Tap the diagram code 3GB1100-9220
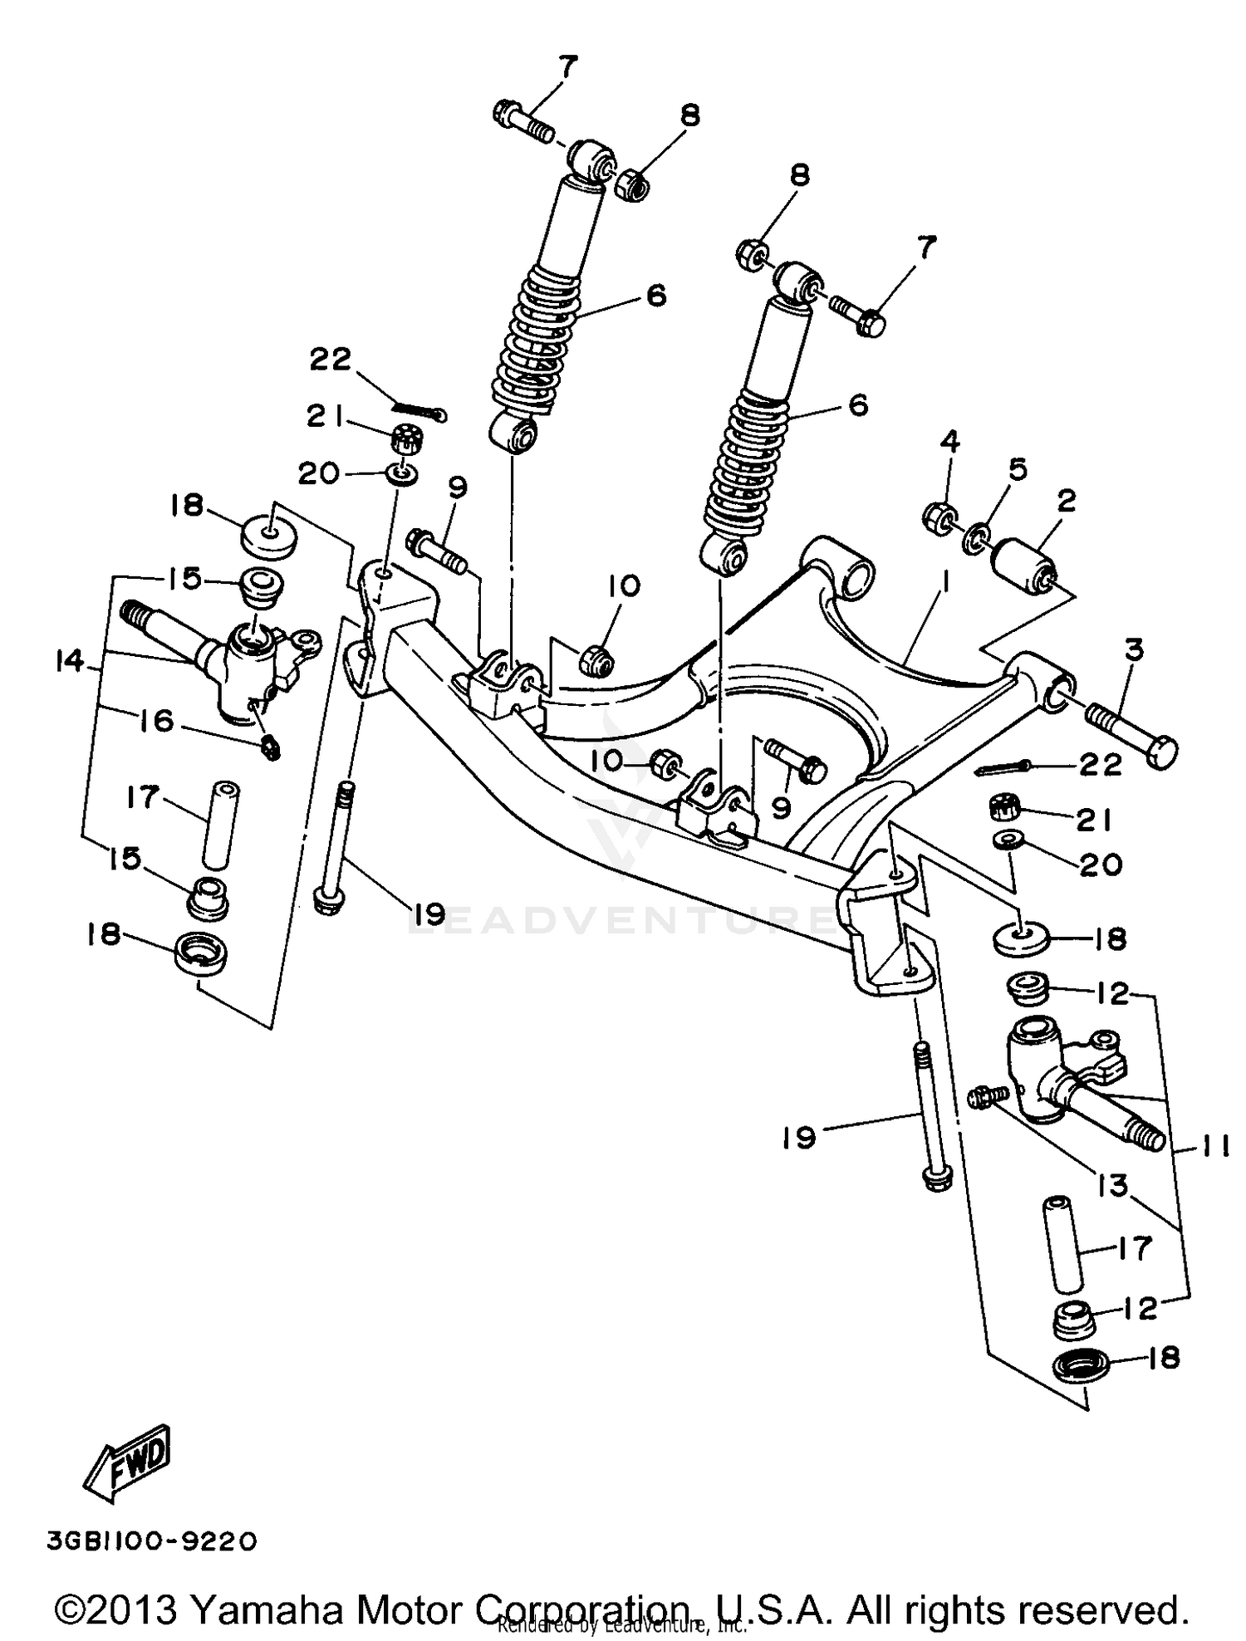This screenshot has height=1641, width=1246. tap(152, 1542)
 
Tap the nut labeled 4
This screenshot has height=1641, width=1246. tap(939, 519)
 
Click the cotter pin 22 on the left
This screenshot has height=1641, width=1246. tap(420, 409)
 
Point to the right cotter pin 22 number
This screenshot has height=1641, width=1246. tap(1101, 764)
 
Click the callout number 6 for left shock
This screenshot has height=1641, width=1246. tap(656, 295)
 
